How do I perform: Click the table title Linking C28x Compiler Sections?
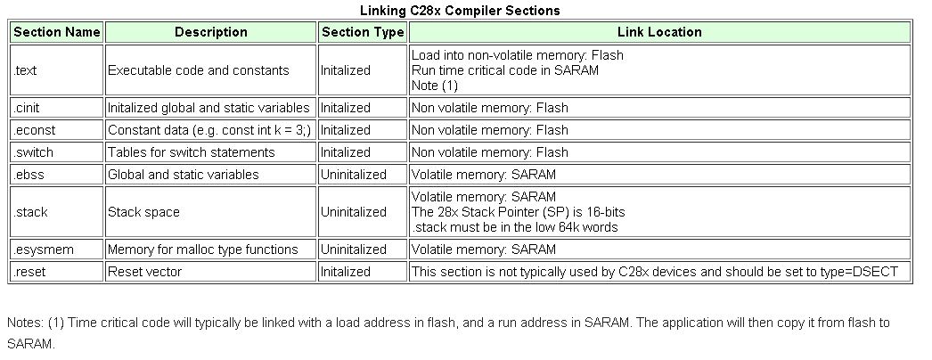coord(460,11)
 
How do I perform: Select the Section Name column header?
coord(57,32)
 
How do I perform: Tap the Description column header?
coord(210,32)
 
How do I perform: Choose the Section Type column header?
coord(363,32)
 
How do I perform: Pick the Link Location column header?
coord(659,32)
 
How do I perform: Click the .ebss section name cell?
coord(29,175)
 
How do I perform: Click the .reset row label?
coord(29,272)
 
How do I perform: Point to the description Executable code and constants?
coord(198,70)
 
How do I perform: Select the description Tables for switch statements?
coord(191,152)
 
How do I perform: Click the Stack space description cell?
coord(143,212)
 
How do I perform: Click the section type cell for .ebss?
coord(354,175)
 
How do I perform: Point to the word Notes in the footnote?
coord(24,323)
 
